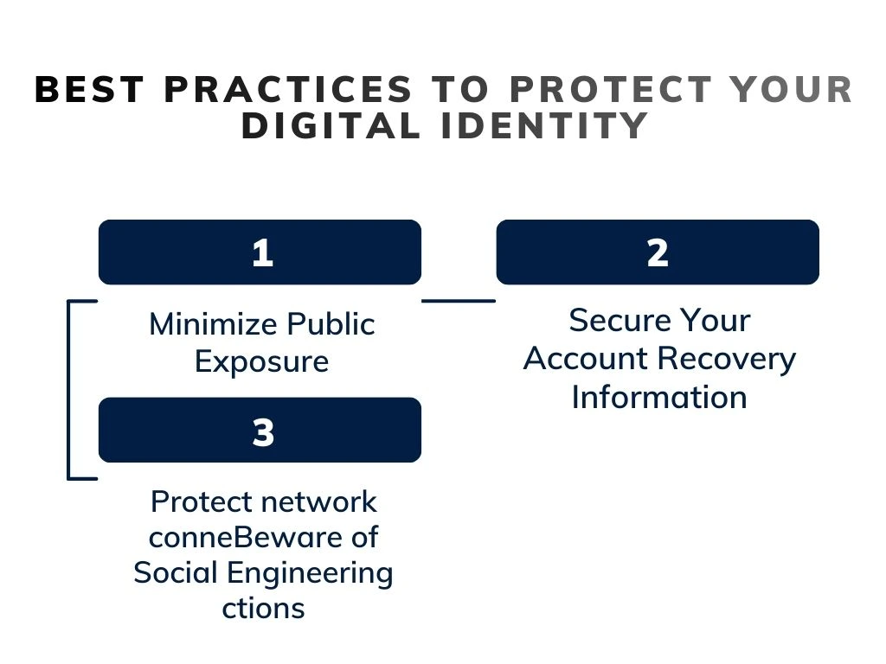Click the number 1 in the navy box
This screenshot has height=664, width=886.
coord(261,253)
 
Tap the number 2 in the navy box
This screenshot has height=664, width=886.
coord(657,253)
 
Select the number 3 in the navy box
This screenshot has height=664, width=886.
coord(263,431)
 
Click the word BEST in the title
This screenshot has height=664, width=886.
coord(91,90)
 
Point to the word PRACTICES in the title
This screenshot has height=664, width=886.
coord(287,90)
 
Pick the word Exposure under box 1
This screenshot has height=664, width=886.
coord(261,361)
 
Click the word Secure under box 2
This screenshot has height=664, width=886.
coord(615,320)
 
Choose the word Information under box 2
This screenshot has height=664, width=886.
coord(659,397)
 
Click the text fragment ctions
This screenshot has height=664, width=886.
coord(263,608)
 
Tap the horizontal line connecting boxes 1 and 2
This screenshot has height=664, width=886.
coord(459,301)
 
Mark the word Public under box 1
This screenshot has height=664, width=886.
coord(331,324)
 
